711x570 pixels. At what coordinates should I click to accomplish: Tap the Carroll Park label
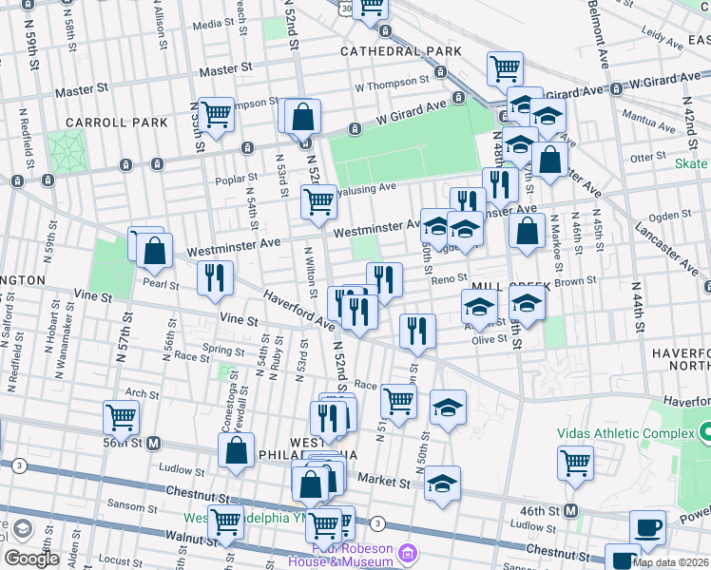[x=117, y=123]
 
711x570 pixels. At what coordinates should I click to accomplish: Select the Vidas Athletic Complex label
[x=626, y=432]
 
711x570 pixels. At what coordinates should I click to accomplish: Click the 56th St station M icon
[x=152, y=443]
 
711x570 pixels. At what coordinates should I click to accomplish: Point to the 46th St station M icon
[x=570, y=509]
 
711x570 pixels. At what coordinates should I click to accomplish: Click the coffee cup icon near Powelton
[x=647, y=527]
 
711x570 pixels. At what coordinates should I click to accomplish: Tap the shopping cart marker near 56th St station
[x=121, y=416]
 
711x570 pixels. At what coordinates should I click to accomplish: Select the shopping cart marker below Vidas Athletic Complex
[x=575, y=463]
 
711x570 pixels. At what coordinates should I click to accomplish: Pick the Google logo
[x=31, y=559]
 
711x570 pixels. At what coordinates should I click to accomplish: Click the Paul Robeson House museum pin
[x=408, y=552]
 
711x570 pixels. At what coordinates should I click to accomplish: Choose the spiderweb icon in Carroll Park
[x=66, y=149]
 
